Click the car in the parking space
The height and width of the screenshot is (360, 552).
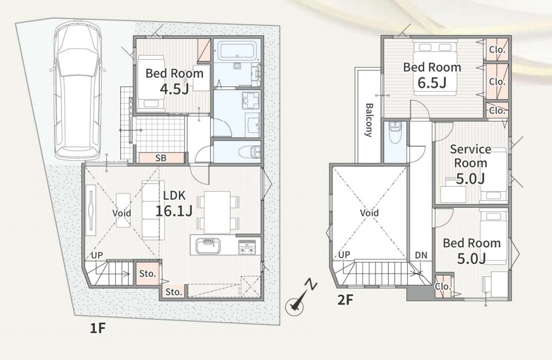pyautogui.click(x=78, y=90)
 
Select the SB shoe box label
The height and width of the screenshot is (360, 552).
pyautogui.click(x=161, y=158)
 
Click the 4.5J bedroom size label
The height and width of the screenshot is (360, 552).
pyautogui.click(x=175, y=89)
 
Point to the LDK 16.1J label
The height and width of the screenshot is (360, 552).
pyautogui.click(x=174, y=203)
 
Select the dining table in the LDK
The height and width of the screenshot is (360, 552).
pyautogui.click(x=217, y=212)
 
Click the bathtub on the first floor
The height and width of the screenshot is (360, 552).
pyautogui.click(x=237, y=51)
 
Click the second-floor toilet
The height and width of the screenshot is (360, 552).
pyautogui.click(x=395, y=133)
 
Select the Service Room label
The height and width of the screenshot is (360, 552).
pyautogui.click(x=471, y=156)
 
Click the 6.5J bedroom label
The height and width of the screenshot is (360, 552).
pyautogui.click(x=432, y=75)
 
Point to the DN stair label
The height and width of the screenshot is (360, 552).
pyautogui.click(x=421, y=255)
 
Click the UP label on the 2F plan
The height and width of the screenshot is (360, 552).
pyautogui.click(x=344, y=255)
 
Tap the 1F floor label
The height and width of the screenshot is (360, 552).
pyautogui.click(x=97, y=329)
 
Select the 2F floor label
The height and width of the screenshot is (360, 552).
pyautogui.click(x=345, y=300)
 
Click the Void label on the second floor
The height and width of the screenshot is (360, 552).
pyautogui.click(x=369, y=213)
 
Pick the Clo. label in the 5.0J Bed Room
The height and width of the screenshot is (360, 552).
pyautogui.click(x=443, y=287)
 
